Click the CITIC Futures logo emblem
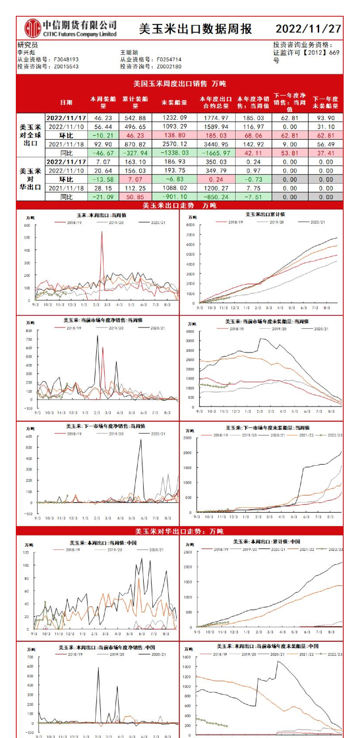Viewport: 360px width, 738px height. pyautogui.click(x=32, y=29)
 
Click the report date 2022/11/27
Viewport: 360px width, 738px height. pyautogui.click(x=308, y=29)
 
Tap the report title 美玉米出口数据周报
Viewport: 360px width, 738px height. pyautogui.click(x=195, y=29)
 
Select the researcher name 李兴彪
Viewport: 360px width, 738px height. pyautogui.click(x=26, y=52)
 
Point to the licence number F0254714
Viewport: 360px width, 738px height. pyautogui.click(x=169, y=59)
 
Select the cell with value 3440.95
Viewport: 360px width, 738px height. pyautogui.click(x=216, y=144)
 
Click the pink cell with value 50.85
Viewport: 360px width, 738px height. pyautogui.click(x=135, y=197)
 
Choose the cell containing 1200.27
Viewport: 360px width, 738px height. pyautogui.click(x=216, y=188)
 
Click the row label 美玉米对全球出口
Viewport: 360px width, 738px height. pyautogui.click(x=30, y=135)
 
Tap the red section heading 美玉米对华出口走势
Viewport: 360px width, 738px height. pyautogui.click(x=179, y=531)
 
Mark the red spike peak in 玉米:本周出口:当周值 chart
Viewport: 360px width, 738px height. pyautogui.click(x=102, y=232)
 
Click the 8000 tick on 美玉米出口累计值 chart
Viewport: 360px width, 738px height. pyautogui.click(x=190, y=225)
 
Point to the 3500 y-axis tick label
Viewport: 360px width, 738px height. pyautogui.click(x=190, y=341)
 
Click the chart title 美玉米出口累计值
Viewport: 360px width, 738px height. pyautogui.click(x=265, y=214)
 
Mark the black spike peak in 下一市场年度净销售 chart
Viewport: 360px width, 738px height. pyautogui.click(x=141, y=440)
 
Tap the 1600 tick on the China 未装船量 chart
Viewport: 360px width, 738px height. pyautogui.click(x=187, y=657)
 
